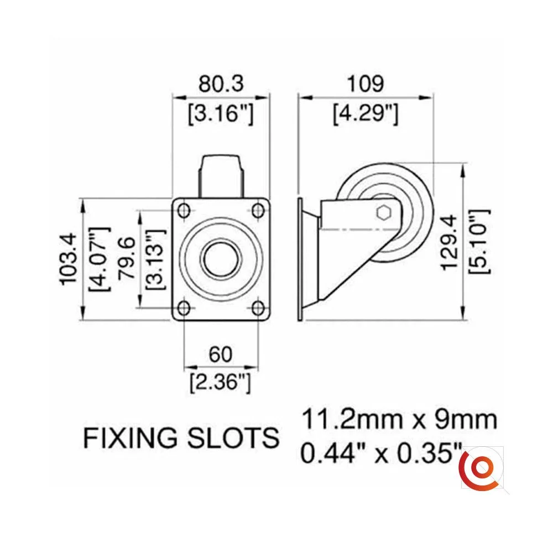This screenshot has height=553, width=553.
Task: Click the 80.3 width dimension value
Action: tap(221, 84)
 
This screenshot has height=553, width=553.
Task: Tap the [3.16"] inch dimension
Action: tap(221, 113)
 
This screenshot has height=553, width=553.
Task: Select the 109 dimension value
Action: tap(366, 84)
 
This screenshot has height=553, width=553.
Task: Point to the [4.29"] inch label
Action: tap(366, 113)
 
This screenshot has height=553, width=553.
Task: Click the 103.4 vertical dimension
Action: tap(68, 258)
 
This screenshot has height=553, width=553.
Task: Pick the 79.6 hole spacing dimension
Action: tap(127, 258)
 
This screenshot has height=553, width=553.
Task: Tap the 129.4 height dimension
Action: tap(450, 243)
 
